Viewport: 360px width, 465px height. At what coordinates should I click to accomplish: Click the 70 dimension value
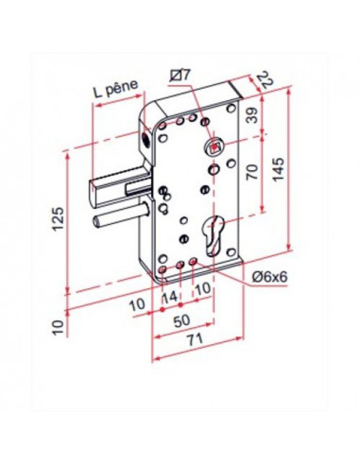251,173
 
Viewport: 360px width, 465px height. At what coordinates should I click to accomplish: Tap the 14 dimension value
170,299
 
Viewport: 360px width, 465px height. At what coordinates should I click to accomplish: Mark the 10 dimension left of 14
141,304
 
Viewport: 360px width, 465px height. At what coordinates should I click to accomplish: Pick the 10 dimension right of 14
200,288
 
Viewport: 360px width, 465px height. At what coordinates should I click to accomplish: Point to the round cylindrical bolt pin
117,221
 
